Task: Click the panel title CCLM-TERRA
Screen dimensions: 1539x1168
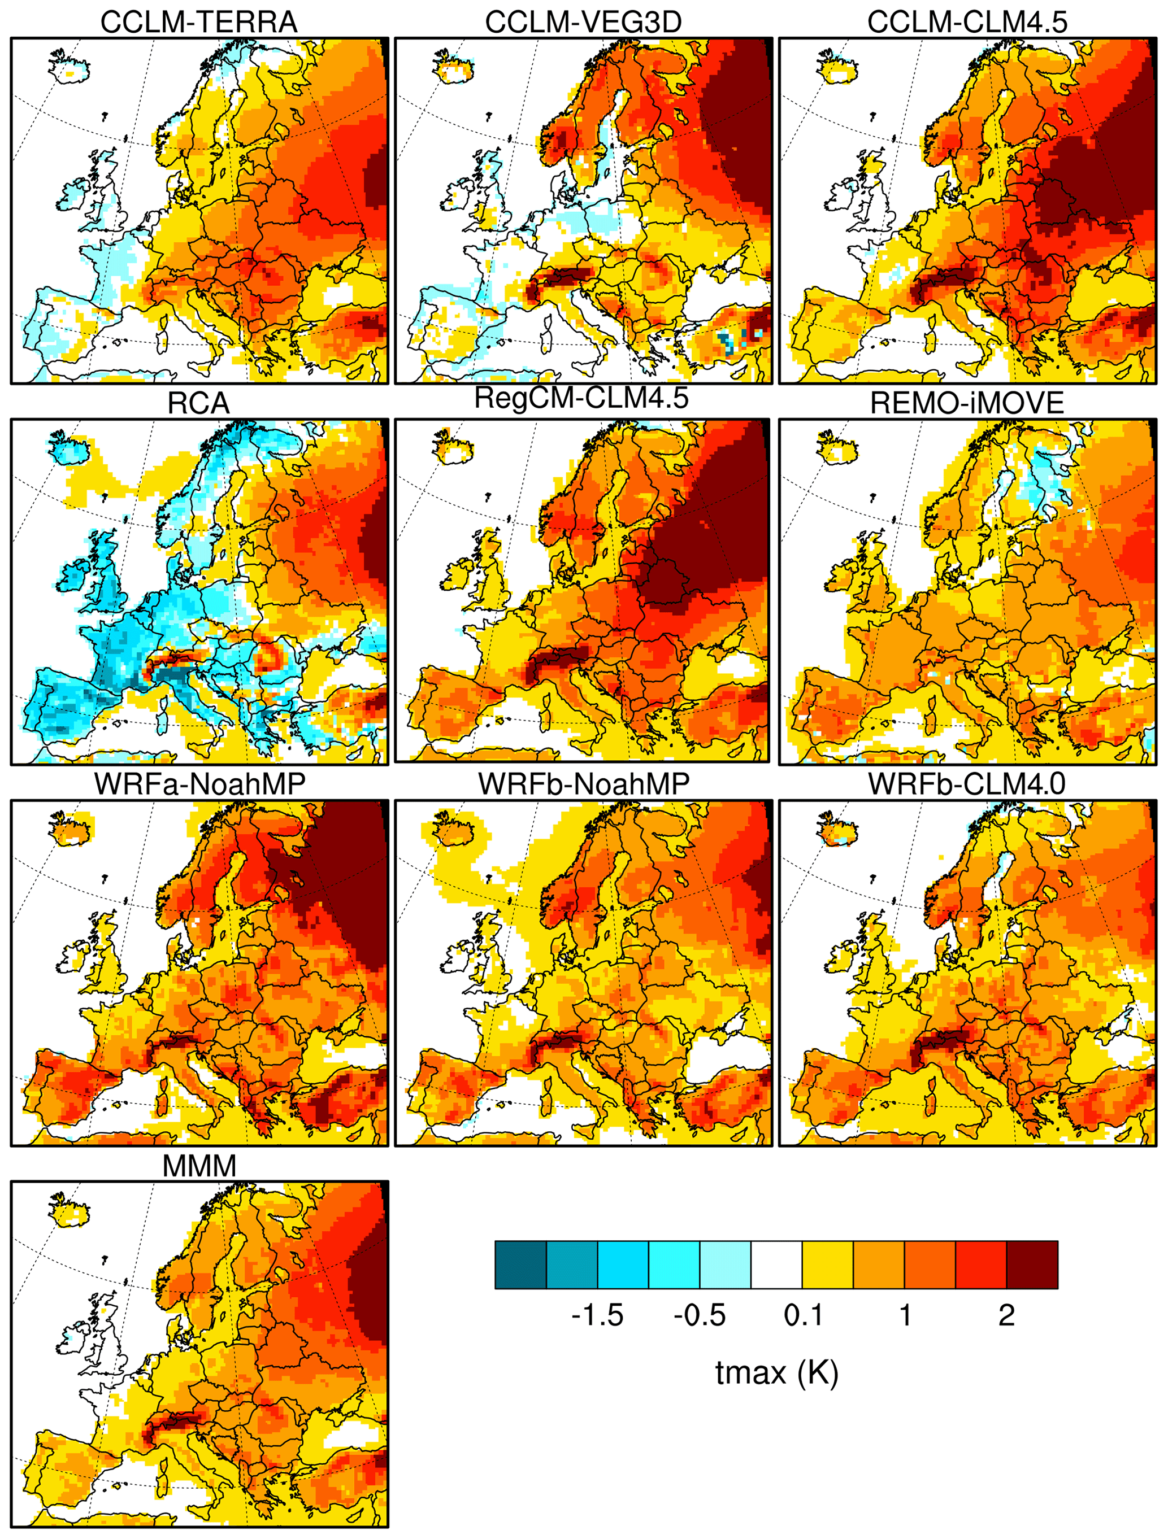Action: (x=199, y=21)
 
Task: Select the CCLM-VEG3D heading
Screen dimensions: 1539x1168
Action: (x=583, y=21)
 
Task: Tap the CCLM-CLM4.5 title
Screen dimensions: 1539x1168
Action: (x=967, y=21)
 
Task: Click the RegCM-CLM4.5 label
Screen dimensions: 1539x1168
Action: (x=581, y=398)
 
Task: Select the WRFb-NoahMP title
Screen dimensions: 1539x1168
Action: (x=583, y=784)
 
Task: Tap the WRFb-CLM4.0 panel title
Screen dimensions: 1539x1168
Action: (x=967, y=784)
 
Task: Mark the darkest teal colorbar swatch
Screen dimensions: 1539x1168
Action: (x=520, y=1264)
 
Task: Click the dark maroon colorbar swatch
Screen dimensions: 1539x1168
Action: (x=1032, y=1264)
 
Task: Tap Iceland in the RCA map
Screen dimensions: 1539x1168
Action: (x=70, y=450)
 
